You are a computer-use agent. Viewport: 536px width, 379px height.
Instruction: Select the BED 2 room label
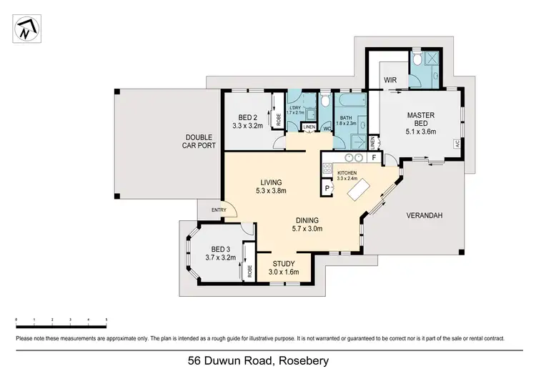[247, 119]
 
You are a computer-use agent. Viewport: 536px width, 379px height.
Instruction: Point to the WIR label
[390, 80]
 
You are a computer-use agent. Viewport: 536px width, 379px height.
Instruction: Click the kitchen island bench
[357, 189]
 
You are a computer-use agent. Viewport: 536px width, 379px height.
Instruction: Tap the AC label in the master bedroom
[457, 143]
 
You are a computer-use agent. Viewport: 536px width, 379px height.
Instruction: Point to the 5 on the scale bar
[106, 320]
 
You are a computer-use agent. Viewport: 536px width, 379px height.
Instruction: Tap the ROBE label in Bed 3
[250, 271]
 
